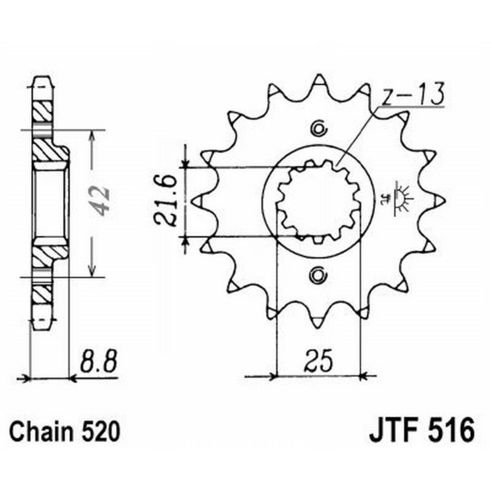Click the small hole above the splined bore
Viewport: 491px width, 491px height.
pyautogui.click(x=319, y=128)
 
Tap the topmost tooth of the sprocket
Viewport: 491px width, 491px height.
pyautogui.click(x=319, y=82)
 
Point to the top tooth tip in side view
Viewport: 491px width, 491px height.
pyautogui.click(x=42, y=80)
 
